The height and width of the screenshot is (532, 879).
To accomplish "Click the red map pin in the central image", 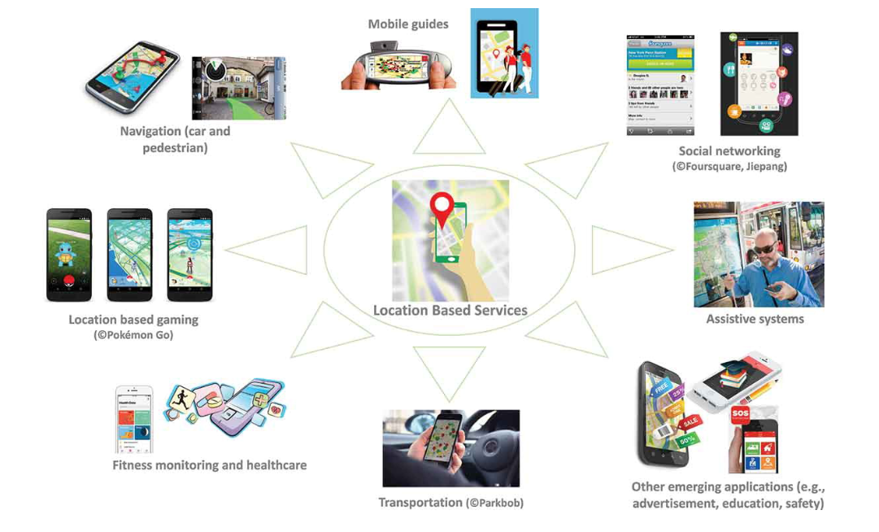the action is click(x=442, y=208).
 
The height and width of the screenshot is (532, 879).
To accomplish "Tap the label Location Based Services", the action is click(x=450, y=310).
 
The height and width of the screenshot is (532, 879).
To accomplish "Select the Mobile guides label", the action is click(x=407, y=24).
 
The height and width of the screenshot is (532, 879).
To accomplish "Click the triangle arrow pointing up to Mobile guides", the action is click(x=450, y=131).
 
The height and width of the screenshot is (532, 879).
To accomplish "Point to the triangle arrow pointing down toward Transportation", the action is click(x=450, y=370).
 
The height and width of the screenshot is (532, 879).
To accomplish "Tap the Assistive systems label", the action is click(x=755, y=319).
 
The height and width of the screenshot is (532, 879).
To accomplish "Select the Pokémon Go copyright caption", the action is click(x=133, y=334).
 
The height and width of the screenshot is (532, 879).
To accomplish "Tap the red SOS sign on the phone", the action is click(x=740, y=414).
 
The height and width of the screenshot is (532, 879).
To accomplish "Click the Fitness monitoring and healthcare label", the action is click(x=209, y=465).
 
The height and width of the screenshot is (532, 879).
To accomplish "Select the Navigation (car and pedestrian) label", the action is click(x=175, y=139).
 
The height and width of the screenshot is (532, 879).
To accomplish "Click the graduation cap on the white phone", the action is click(x=731, y=368).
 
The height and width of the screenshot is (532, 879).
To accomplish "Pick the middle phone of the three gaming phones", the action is click(x=130, y=255).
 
